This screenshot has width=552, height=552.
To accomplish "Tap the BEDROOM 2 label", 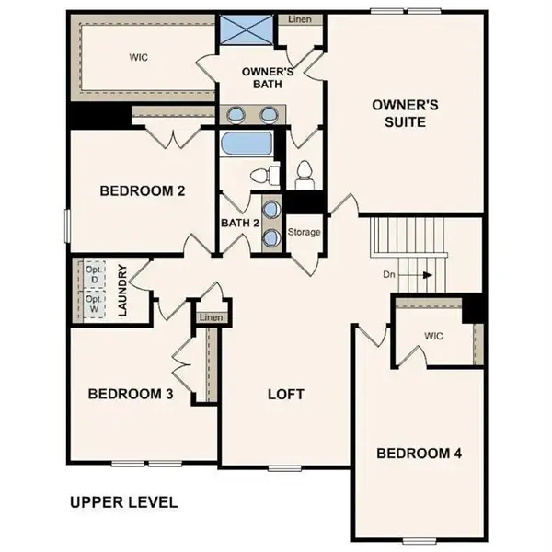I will point(143,191).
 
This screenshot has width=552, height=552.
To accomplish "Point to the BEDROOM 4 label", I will point(419,453).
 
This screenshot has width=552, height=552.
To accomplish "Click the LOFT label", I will point(285,394).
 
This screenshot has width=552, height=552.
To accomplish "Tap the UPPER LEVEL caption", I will point(123,502).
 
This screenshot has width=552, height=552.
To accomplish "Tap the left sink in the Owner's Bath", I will point(236,115).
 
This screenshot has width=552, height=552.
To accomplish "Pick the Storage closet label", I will point(304,232).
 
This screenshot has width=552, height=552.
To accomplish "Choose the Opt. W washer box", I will point(93,304).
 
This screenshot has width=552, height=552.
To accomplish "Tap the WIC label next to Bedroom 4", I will point(434,336).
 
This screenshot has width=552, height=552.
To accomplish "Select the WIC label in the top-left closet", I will point(138,56).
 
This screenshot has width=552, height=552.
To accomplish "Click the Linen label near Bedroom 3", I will point(211,317).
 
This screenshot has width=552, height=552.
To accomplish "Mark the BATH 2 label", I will point(240,223).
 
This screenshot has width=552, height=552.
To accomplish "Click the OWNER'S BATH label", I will point(267,77).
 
